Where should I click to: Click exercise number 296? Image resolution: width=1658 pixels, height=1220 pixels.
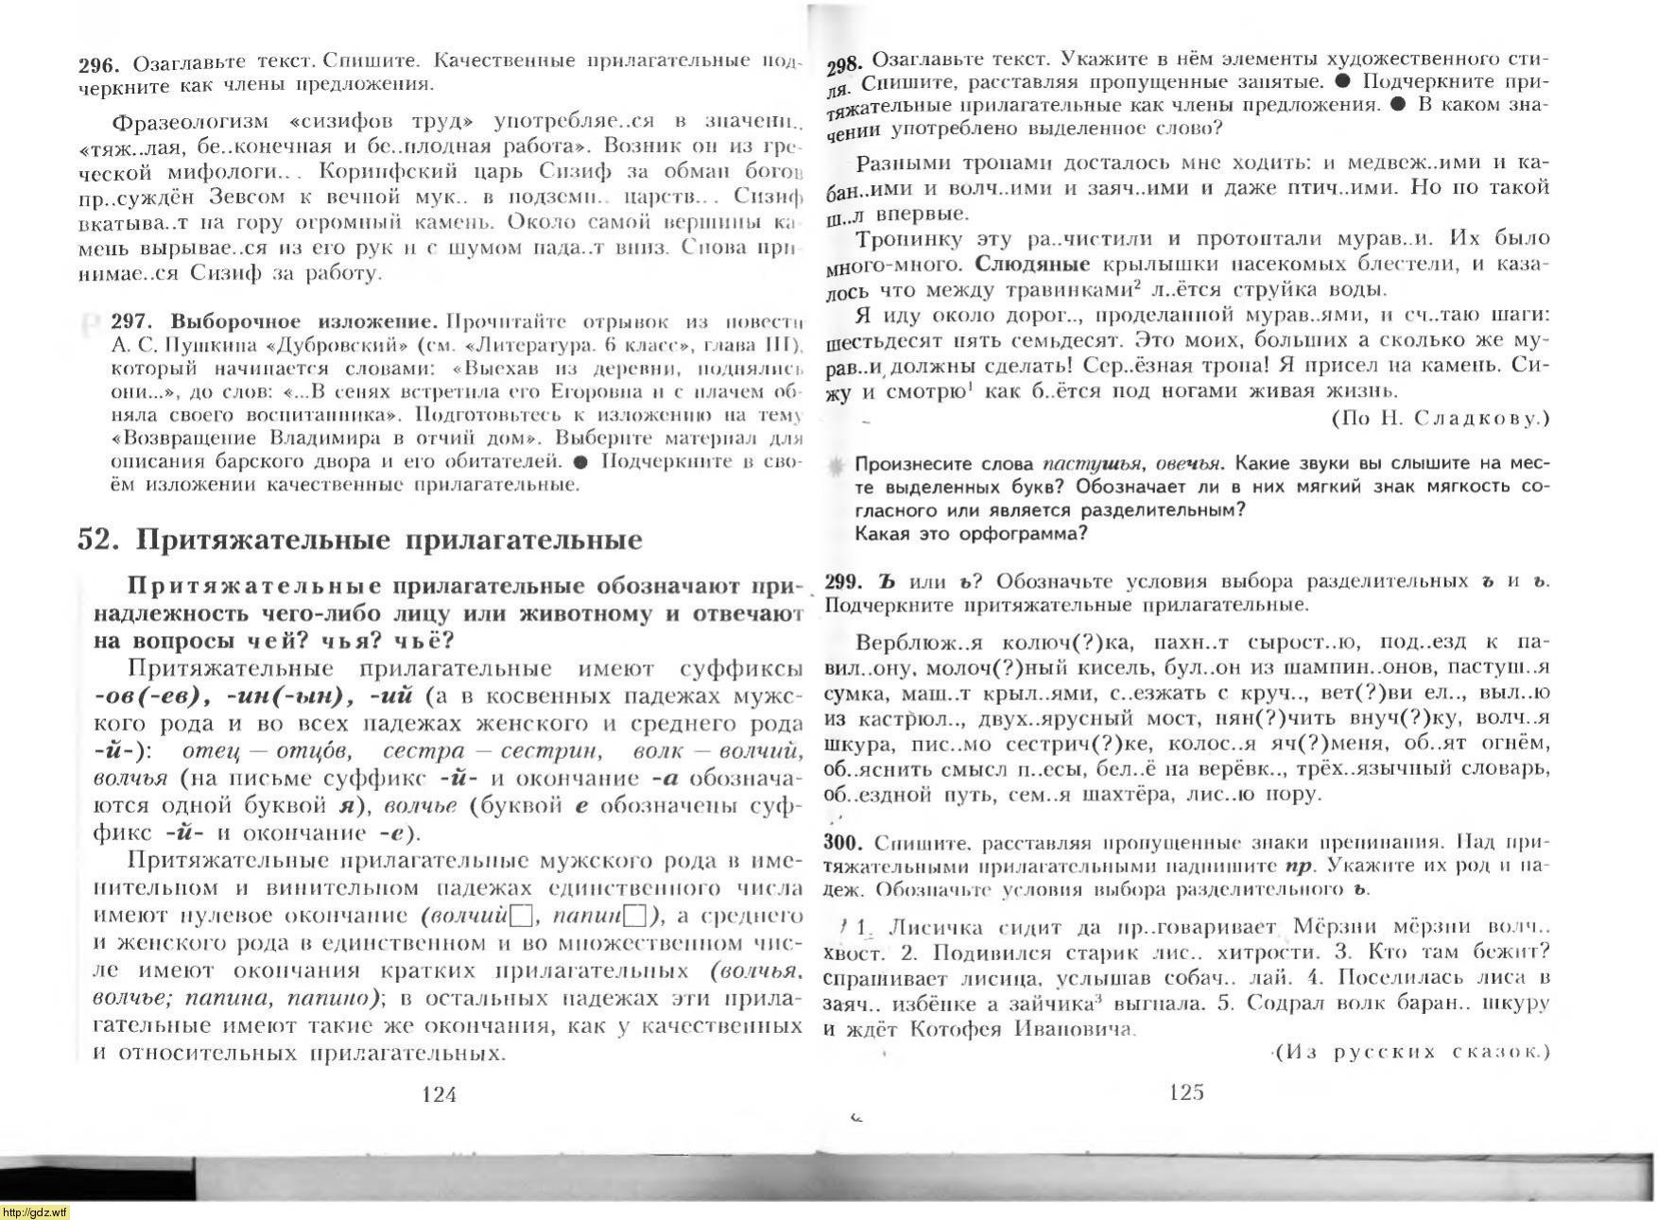pyautogui.click(x=98, y=64)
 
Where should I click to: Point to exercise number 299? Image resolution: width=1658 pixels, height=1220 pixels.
pyautogui.click(x=843, y=581)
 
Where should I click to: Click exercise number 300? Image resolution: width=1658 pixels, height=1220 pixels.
pyautogui.click(x=843, y=842)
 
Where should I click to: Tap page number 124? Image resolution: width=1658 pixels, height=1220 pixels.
pyautogui.click(x=439, y=1094)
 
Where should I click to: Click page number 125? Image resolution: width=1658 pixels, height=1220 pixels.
pyautogui.click(x=1186, y=1092)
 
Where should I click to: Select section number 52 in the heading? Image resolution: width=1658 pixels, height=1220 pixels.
pyautogui.click(x=98, y=540)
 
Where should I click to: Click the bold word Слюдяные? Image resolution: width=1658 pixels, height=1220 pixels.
pyautogui.click(x=1032, y=264)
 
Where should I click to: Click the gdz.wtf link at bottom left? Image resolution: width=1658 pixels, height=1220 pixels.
pyautogui.click(x=35, y=1212)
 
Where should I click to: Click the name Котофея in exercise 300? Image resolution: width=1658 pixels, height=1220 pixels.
pyautogui.click(x=955, y=1029)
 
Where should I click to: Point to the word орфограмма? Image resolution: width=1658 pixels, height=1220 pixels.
pyautogui.click(x=1025, y=533)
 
